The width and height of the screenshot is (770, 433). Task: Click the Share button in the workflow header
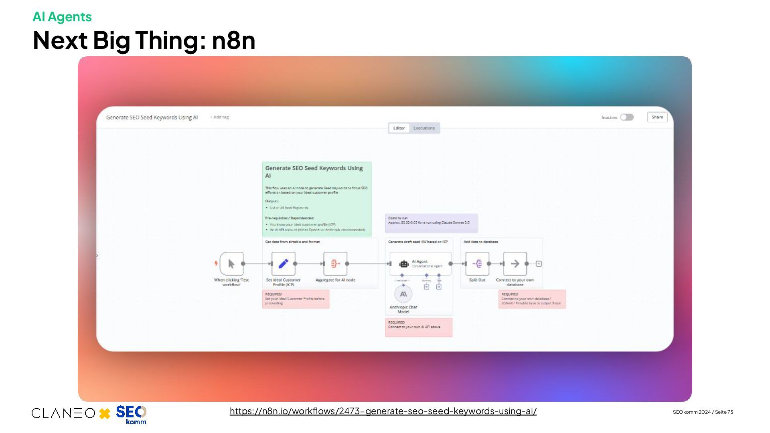click(657, 117)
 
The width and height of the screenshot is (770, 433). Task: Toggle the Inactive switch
click(627, 117)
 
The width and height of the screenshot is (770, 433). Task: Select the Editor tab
click(399, 128)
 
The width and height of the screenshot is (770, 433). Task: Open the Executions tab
click(424, 128)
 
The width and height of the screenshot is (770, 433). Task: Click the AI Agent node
click(420, 263)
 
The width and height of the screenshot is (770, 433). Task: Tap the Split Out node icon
click(477, 263)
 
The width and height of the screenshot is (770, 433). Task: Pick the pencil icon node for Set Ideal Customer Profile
click(283, 263)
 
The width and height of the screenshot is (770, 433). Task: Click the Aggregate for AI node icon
click(335, 263)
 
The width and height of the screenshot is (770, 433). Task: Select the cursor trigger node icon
click(231, 263)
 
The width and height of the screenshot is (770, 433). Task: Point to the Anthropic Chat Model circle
click(403, 294)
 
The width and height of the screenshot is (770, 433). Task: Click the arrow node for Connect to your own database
click(515, 263)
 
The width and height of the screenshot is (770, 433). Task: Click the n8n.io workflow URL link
click(383, 411)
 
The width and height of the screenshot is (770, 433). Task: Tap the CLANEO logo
click(63, 413)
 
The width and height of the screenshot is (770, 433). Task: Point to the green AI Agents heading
click(62, 17)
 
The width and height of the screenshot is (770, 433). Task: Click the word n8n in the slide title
click(233, 40)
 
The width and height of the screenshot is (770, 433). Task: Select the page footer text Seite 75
click(724, 412)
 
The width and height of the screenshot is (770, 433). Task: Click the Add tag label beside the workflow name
click(220, 117)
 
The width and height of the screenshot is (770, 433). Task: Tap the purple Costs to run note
click(431, 223)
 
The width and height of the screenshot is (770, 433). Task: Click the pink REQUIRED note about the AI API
click(418, 327)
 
